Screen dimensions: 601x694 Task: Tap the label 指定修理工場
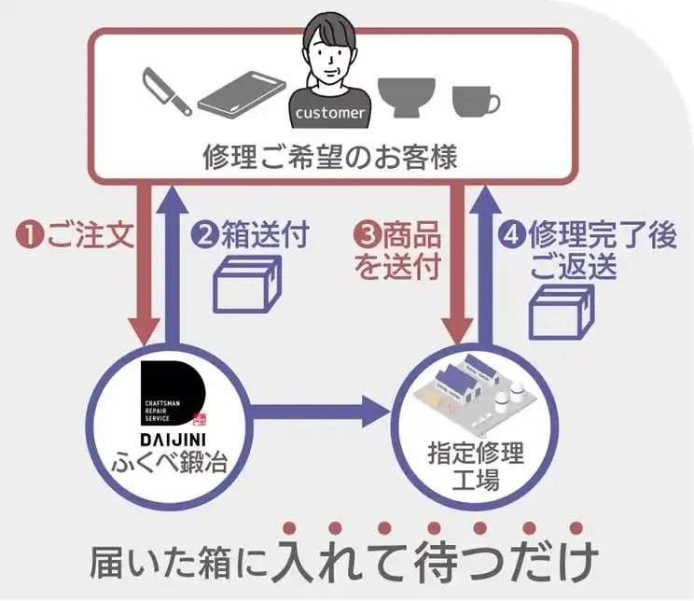(476, 467)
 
